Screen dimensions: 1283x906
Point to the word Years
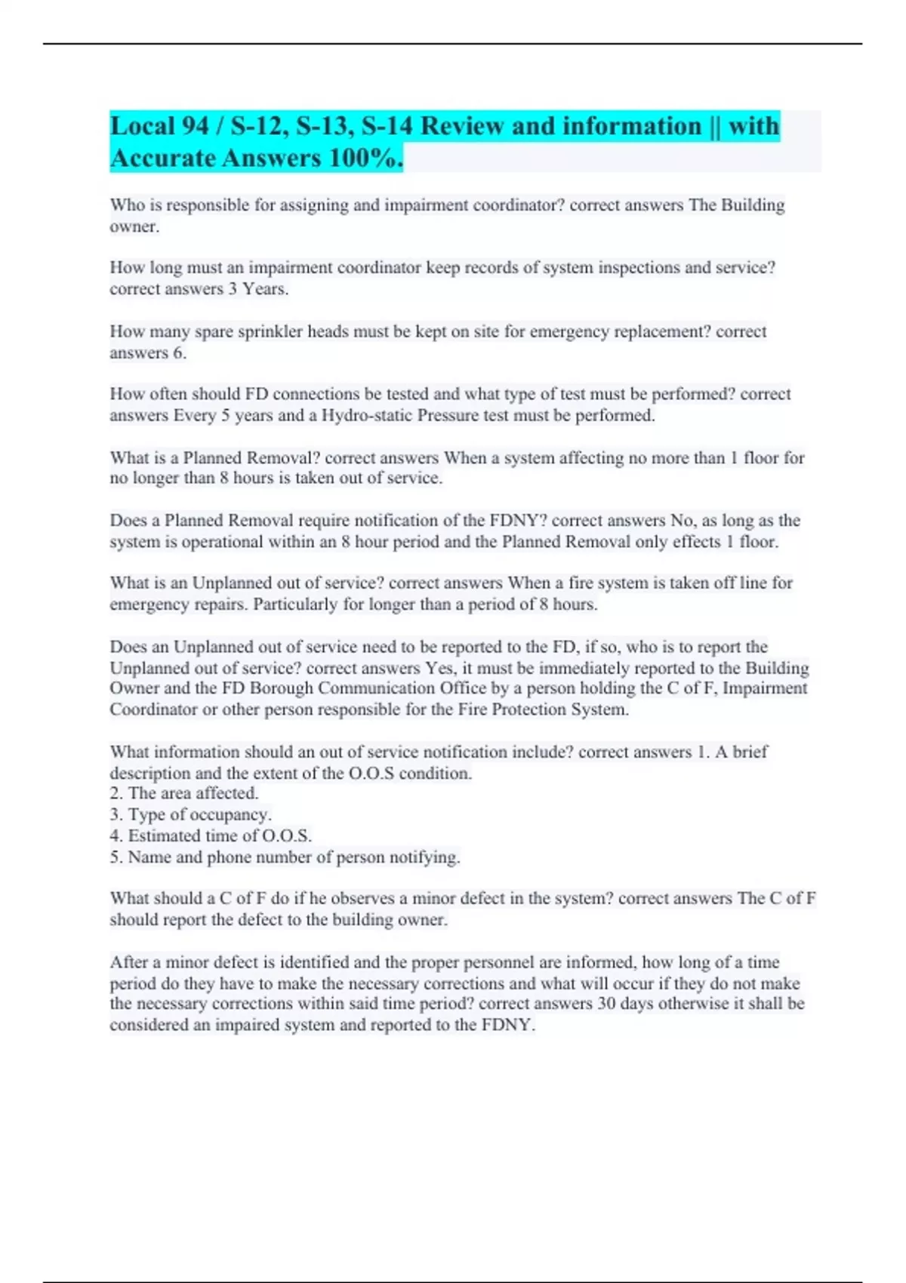coord(265,289)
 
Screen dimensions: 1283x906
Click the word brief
coord(750,752)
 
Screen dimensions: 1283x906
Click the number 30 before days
coord(606,1004)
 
